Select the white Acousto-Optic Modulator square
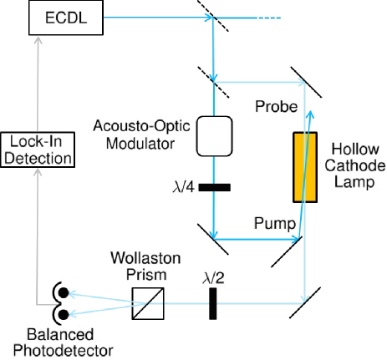click(214, 136)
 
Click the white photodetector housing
click(69, 303)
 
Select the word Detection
click(36, 157)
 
